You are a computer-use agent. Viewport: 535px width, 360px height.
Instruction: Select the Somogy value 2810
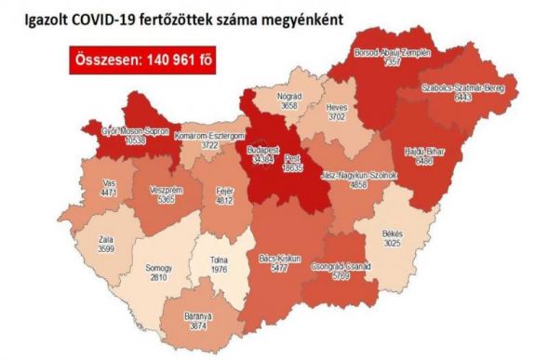click(160, 276)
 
